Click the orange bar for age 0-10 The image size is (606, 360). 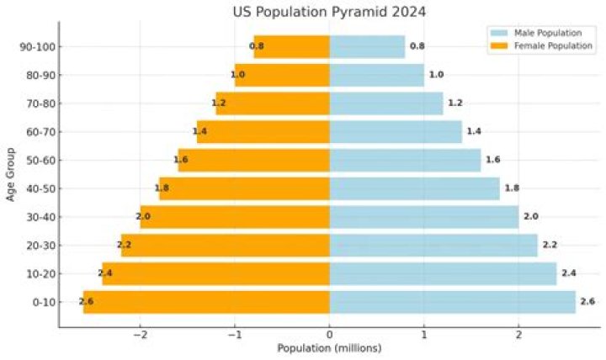tap(206, 302)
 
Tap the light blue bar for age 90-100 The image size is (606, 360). tap(367, 46)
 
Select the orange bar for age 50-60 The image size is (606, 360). tap(253, 160)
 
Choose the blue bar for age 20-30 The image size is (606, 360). tap(433, 245)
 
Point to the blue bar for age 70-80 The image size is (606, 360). tap(385, 103)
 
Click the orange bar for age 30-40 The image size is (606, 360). tap(235, 217)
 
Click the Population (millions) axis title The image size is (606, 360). tap(329, 348)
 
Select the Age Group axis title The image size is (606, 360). tap(10, 174)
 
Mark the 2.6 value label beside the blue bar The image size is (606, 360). tap(587, 302)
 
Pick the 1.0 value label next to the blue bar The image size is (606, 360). tap(436, 75)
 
